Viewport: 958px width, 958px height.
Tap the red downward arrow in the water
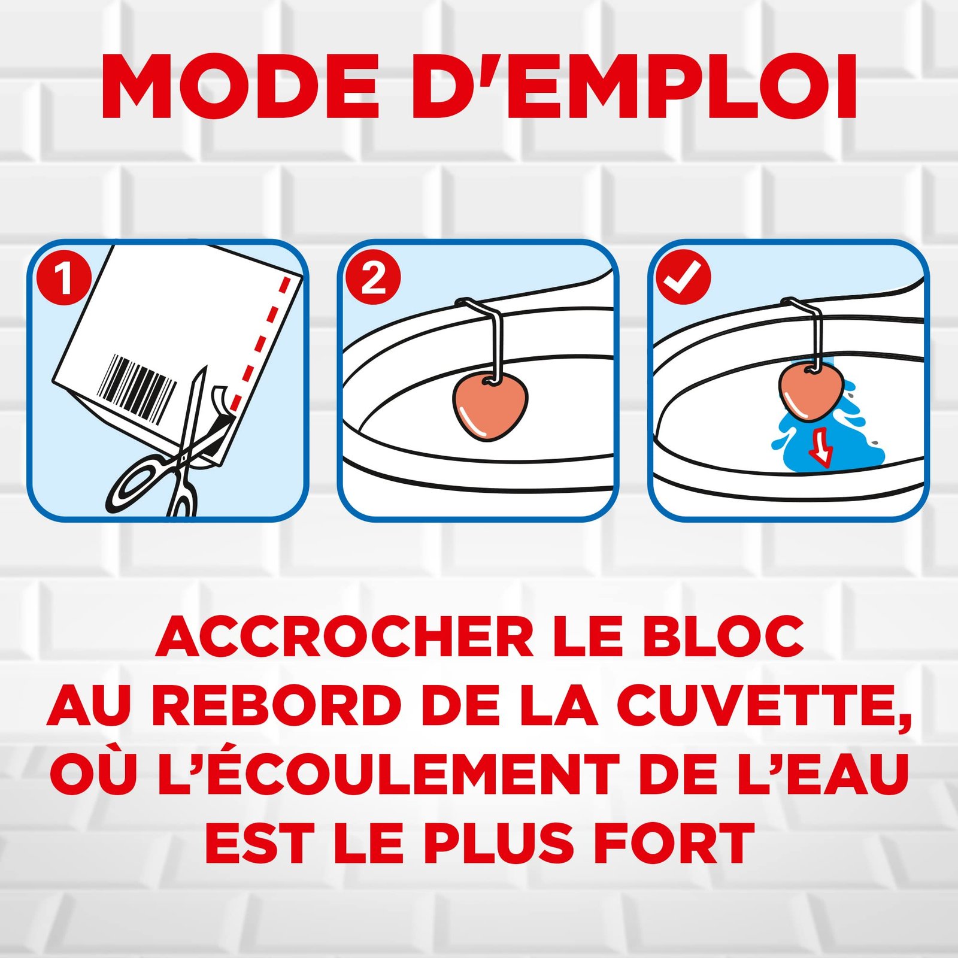pyautogui.click(x=820, y=446)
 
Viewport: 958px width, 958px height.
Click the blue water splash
pyautogui.click(x=823, y=431)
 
